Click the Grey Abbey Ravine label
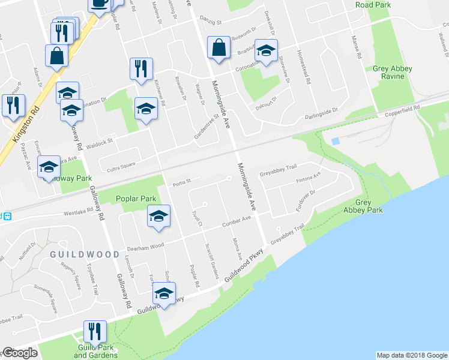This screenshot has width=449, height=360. [x=393, y=73]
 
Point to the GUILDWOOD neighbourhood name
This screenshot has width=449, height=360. [x=85, y=254]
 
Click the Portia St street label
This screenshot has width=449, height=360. [x=181, y=181]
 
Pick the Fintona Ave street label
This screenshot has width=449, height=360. [x=309, y=179]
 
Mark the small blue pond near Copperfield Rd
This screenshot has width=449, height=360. [x=335, y=140]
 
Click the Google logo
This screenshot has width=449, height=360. [x=20, y=352]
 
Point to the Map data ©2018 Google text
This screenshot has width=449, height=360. [x=412, y=355]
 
